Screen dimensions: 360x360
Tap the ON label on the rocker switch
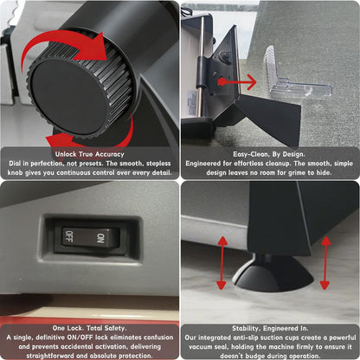[100, 238]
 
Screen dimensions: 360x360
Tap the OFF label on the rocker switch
[69, 236]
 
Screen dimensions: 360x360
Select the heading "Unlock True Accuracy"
[90, 154]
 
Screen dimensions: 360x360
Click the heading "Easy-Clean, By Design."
[269, 154]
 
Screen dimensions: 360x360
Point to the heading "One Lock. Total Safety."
[89, 328]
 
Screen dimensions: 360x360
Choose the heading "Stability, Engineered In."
[270, 328]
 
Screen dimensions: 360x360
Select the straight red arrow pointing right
[238, 82]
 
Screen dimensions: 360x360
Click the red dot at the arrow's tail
[222, 82]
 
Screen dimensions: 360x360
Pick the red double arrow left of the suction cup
[222, 263]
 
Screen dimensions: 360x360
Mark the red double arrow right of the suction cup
[325, 263]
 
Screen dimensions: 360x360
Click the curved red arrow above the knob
[67, 43]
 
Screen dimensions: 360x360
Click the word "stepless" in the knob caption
[158, 164]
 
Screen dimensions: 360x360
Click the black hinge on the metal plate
[202, 72]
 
